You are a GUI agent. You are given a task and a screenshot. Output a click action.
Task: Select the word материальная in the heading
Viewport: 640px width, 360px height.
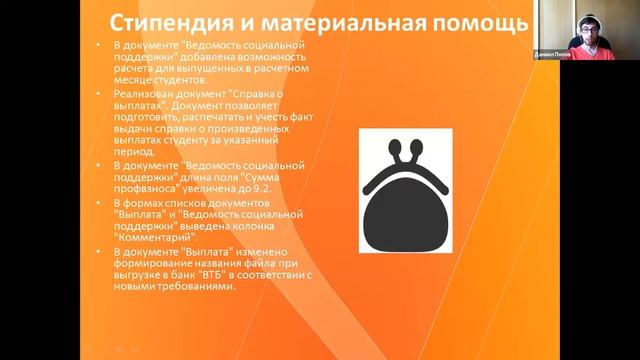pyautogui.click(x=337, y=21)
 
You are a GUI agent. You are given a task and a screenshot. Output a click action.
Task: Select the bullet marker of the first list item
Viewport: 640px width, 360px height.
pyautogui.click(x=101, y=47)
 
